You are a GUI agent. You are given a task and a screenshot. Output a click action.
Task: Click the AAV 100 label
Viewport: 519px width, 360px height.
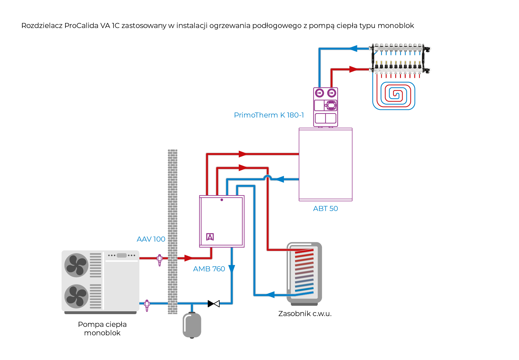click(151, 239)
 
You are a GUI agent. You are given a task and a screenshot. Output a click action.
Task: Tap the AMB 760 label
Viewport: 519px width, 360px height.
click(209, 269)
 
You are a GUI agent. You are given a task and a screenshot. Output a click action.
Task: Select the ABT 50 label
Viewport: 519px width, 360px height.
click(325, 209)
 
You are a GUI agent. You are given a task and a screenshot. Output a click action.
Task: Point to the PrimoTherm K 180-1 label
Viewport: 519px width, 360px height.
click(269, 115)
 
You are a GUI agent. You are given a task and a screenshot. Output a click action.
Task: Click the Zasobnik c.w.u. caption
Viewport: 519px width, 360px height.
click(305, 314)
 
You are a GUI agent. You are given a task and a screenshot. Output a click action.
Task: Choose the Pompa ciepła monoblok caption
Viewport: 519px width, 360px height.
click(102, 329)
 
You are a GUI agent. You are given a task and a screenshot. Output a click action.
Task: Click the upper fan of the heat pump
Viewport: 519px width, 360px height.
click(76, 265)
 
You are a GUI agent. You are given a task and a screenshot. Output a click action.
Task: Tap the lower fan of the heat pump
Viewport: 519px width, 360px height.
click(76, 296)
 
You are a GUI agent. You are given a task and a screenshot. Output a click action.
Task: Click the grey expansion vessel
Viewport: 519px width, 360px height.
click(192, 325)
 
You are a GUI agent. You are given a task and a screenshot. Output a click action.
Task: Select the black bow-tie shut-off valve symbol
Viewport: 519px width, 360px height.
click(213, 304)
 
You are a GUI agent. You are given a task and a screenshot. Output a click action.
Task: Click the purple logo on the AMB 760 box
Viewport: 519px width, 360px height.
click(210, 237)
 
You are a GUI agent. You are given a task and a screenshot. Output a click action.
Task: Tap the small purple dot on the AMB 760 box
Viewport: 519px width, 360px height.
click(222, 200)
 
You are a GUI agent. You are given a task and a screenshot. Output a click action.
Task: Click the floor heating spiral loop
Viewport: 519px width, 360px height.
click(394, 95)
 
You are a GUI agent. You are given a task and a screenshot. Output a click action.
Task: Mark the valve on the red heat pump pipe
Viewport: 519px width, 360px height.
click(160, 259)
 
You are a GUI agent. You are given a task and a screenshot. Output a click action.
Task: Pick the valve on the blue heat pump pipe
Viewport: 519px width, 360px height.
click(147, 305)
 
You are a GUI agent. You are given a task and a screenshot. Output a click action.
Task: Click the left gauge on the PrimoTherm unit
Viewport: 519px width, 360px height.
click(319, 93)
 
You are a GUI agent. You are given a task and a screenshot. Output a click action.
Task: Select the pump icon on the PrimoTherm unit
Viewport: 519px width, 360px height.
click(331, 105)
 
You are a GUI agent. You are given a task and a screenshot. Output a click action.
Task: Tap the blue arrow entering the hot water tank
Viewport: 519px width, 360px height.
click(270, 295)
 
